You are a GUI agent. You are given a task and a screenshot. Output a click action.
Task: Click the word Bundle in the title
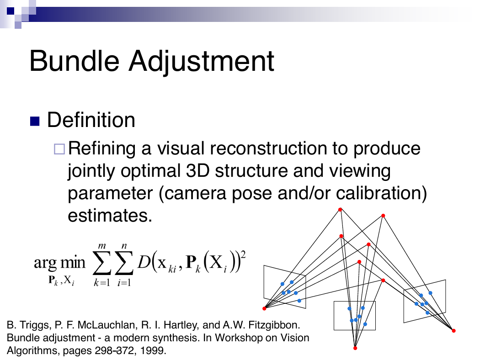tap(75, 61)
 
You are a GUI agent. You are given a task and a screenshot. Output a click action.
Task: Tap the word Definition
tap(91, 120)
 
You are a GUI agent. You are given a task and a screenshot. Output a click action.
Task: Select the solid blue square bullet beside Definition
tap(35, 121)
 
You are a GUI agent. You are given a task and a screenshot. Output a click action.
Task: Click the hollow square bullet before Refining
tap(59, 149)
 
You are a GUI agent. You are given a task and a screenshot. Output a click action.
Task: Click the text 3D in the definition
tap(198, 170)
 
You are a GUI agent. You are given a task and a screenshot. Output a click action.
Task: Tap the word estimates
tap(110, 215)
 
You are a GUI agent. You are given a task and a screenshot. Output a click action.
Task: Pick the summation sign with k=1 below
tap(101, 263)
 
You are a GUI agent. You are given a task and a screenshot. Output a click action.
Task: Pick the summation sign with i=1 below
tap(124, 263)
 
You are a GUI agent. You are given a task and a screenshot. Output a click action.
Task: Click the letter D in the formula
tap(144, 262)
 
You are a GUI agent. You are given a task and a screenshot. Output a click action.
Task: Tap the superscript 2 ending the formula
tap(243, 254)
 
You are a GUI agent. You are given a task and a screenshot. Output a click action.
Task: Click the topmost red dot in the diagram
tap(340, 210)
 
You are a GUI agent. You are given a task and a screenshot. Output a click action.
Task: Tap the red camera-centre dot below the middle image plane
tap(355, 348)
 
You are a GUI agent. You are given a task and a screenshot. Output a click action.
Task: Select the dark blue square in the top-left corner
tap(11, 11)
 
